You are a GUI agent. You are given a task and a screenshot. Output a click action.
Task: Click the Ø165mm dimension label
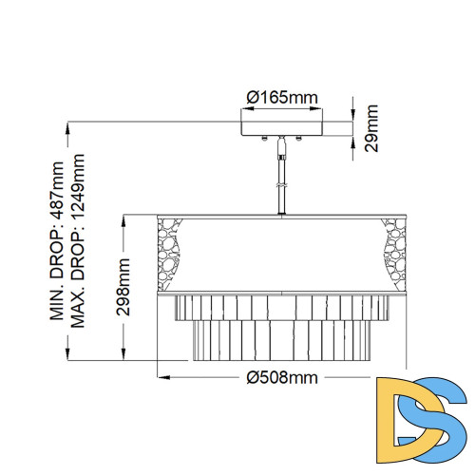coord(281,98)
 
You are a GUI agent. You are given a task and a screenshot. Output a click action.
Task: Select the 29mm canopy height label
coord(373,128)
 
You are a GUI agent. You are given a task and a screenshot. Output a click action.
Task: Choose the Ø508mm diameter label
coord(281,377)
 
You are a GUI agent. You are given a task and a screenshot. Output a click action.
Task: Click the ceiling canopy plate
coord(281,128)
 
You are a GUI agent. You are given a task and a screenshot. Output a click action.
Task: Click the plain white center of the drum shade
coord(281,249)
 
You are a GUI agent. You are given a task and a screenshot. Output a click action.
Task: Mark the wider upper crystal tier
coord(281,306)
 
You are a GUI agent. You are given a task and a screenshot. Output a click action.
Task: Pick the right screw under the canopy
coord(299,141)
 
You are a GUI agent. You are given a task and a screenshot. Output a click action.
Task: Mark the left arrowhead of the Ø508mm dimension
coord(159,377)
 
